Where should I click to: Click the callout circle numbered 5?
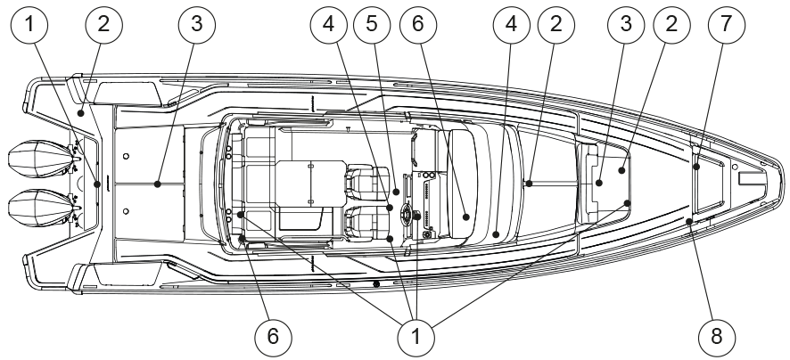[x=372, y=26]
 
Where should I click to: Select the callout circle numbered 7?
[x=725, y=25]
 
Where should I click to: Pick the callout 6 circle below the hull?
[x=273, y=336]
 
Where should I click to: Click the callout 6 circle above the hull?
[x=416, y=26]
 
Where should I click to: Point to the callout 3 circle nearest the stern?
[x=196, y=25]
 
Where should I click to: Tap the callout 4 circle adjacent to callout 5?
[x=329, y=26]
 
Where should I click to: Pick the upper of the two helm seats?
[x=366, y=183]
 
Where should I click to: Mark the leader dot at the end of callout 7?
[x=696, y=165]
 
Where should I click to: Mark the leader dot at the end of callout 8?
[x=691, y=221]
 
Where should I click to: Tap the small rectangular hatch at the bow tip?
[x=751, y=178]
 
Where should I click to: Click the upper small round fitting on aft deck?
[x=127, y=156]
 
